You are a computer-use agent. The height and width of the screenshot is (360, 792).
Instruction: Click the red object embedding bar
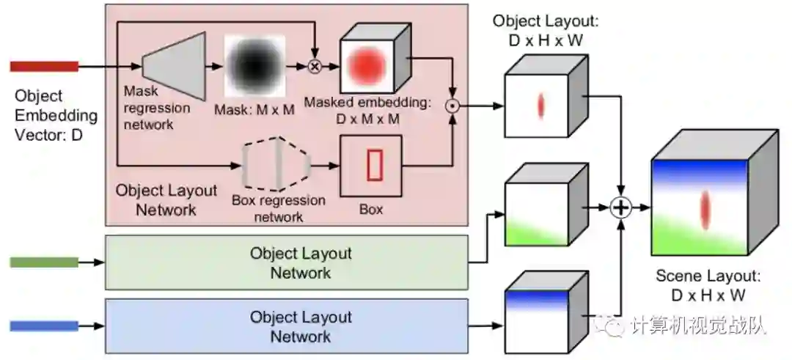pos(44,66)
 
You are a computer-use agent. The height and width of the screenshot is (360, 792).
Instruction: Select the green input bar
pos(44,262)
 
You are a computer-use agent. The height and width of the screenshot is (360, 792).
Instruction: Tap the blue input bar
pos(44,326)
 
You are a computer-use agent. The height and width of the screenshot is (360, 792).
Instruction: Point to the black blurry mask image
pos(254,67)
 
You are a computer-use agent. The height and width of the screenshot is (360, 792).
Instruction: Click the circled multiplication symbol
pos(315,67)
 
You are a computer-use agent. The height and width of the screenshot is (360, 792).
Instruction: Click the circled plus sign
pos(622,208)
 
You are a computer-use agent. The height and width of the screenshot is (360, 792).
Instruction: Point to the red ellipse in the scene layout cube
pos(705,208)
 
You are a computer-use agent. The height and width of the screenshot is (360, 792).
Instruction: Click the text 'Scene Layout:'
pos(708,277)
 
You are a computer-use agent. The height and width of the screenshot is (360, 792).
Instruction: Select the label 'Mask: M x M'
pos(254,110)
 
